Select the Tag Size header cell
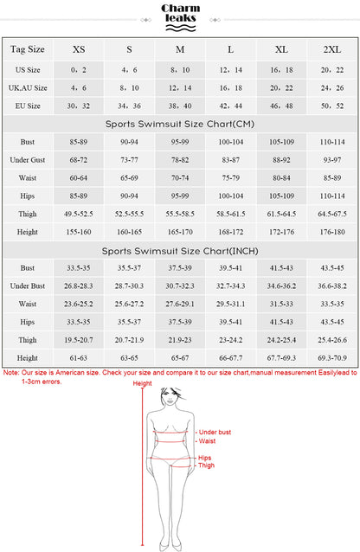(x=27, y=49)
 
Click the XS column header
(x=79, y=49)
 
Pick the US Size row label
(x=27, y=68)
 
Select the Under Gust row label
(x=27, y=159)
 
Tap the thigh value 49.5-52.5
(x=79, y=214)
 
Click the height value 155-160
(x=79, y=232)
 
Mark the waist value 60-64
(x=79, y=177)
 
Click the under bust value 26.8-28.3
(x=79, y=286)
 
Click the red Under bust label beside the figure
(x=214, y=432)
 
